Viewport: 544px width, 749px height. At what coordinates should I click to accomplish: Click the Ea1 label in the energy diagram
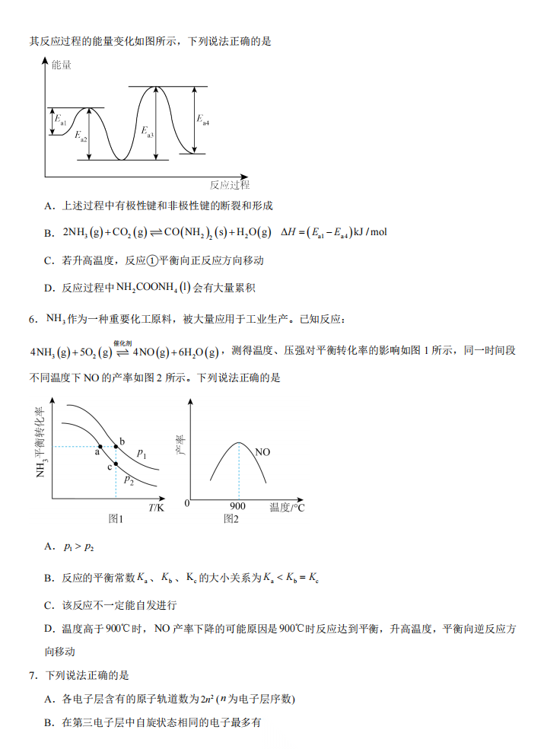[x=60, y=120]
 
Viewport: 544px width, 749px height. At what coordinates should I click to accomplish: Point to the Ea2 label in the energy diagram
[x=81, y=136]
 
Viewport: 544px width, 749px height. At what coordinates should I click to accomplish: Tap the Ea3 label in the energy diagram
[x=148, y=132]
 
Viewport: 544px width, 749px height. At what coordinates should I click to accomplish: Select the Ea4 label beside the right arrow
[x=202, y=120]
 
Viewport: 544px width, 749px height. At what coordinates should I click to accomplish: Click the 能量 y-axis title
[x=62, y=65]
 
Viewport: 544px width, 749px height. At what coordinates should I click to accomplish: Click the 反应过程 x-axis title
[x=230, y=185]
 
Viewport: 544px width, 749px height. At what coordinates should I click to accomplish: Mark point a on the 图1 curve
[x=100, y=445]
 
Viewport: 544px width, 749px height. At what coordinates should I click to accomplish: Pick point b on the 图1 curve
[x=116, y=445]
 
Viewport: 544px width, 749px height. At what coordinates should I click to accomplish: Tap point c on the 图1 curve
[x=116, y=464]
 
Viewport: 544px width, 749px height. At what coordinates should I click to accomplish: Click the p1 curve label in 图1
[x=142, y=454]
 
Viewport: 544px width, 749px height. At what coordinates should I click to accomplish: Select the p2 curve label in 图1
[x=129, y=480]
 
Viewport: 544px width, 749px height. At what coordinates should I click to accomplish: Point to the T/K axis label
[x=156, y=508]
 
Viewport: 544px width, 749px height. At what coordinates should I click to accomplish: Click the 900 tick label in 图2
[x=237, y=507]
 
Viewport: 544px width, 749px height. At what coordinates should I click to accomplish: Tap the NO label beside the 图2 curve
[x=262, y=452]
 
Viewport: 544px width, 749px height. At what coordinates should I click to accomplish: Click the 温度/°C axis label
[x=287, y=507]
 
